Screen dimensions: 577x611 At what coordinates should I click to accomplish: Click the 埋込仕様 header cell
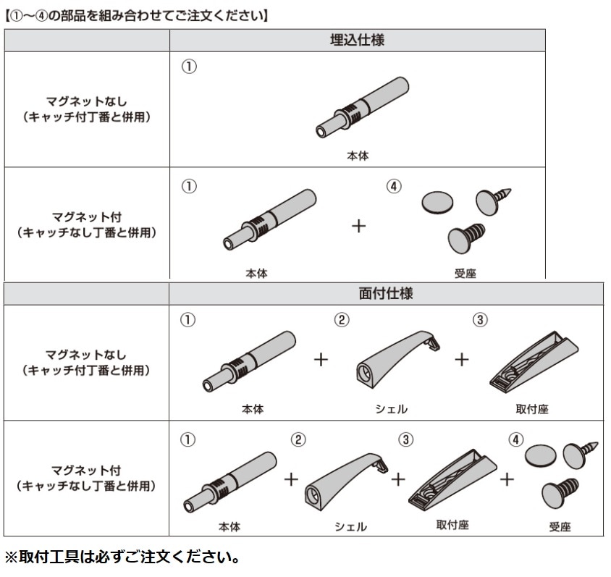pyautogui.click(x=357, y=40)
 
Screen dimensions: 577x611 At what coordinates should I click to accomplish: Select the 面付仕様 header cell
pyautogui.click(x=386, y=293)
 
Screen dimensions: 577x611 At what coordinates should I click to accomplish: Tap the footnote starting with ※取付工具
pyautogui.click(x=122, y=559)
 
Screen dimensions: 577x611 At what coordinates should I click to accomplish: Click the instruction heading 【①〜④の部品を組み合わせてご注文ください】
pyautogui.click(x=137, y=14)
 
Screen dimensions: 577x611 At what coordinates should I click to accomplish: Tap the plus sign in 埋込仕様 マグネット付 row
pyautogui.click(x=358, y=226)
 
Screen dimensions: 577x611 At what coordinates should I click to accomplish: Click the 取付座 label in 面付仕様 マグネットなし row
pyautogui.click(x=532, y=409)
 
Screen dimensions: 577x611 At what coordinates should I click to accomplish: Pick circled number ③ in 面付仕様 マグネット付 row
pyautogui.click(x=407, y=439)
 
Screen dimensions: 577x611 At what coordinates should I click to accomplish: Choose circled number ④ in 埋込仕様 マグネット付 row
pyautogui.click(x=393, y=186)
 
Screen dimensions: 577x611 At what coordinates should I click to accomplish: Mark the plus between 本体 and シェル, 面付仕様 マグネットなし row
pyautogui.click(x=321, y=360)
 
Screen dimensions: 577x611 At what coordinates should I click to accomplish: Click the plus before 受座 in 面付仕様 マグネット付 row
pyautogui.click(x=507, y=479)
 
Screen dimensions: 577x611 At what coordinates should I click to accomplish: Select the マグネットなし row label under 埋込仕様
pyautogui.click(x=87, y=109)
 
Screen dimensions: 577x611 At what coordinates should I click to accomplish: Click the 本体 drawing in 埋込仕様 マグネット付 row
pyautogui.click(x=269, y=220)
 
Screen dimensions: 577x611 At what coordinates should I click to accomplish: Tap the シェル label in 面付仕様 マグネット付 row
pyautogui.click(x=350, y=526)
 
